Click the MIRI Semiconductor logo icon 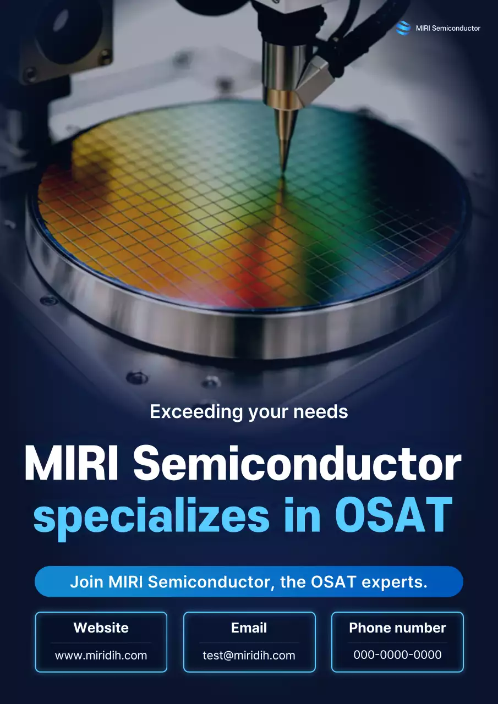point(403,28)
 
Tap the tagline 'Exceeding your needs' point(249,411)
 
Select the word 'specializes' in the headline point(151,517)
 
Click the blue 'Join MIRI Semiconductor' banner point(249,582)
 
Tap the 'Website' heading point(101,628)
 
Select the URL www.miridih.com point(101,655)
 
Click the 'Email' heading point(249,628)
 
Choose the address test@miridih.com point(249,655)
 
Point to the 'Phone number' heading point(397,628)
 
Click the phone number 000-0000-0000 point(397,655)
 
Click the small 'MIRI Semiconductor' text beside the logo point(448,28)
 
